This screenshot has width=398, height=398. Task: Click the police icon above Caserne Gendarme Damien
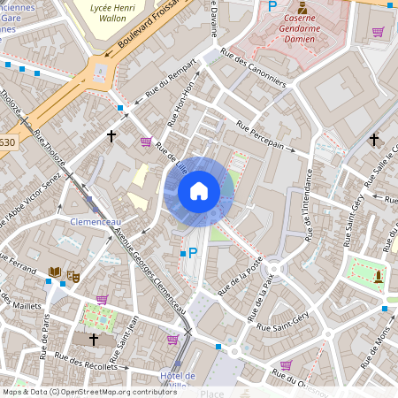[302, 6]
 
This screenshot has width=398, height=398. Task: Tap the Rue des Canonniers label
[254, 67]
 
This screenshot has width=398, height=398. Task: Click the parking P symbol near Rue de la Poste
[193, 253]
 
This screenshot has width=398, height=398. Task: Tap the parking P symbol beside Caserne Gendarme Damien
[272, 6]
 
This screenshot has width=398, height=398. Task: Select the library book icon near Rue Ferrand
[55, 272]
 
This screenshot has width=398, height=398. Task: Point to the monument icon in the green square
[378, 274]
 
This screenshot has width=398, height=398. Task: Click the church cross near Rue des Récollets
[93, 340]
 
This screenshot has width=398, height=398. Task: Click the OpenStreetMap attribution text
[89, 391]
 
